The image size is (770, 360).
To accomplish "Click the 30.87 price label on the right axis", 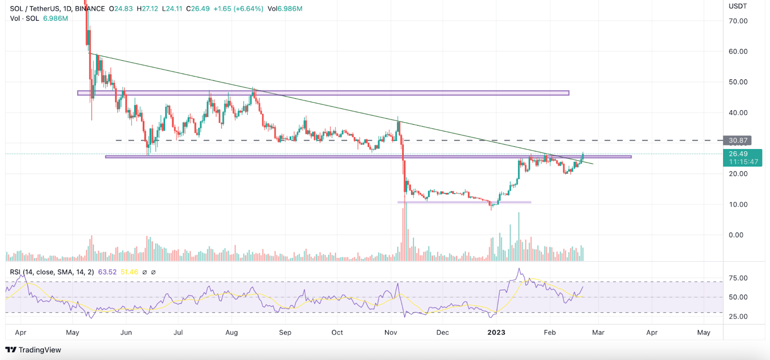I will click(x=737, y=141).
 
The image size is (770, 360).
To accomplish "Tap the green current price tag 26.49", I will click(x=738, y=154).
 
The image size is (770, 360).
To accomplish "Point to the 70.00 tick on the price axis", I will click(x=738, y=21).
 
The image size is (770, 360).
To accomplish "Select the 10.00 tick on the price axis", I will click(x=738, y=205).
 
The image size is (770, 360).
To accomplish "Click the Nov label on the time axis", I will click(x=391, y=333).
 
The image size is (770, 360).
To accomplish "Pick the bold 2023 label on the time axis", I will click(x=496, y=333).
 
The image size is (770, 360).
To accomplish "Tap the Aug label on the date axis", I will click(x=231, y=333).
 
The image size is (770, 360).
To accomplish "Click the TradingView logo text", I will click(x=39, y=350).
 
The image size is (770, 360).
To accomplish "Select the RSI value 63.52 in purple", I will click(x=107, y=272).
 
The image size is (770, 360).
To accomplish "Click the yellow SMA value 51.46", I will click(x=129, y=272).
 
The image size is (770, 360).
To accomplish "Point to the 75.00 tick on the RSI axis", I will click(x=738, y=278).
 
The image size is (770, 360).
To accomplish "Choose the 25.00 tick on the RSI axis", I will click(x=738, y=317).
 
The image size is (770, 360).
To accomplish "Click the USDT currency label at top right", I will click(x=738, y=6).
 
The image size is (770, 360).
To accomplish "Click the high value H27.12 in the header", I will click(x=147, y=9).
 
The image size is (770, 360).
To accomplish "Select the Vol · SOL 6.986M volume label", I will click(x=39, y=18).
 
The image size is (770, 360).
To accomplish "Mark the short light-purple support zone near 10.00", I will click(x=464, y=202).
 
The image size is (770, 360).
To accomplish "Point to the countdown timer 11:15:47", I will click(x=743, y=162).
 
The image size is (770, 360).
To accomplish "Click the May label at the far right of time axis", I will click(x=704, y=333).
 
